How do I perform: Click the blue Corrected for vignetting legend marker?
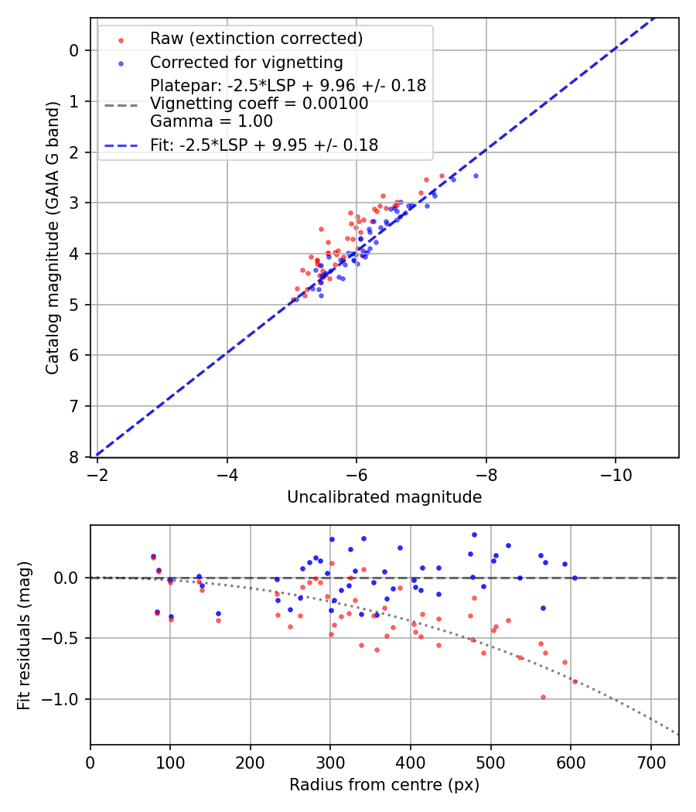119,63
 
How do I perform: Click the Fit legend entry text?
264,145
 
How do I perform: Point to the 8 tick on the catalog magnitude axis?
73,457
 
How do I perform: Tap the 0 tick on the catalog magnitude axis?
73,50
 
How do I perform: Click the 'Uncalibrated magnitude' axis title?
384,497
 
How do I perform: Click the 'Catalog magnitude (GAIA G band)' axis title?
52,254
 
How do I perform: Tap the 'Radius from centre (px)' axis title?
384,785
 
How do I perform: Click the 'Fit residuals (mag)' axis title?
24,636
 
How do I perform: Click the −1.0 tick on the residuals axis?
66,699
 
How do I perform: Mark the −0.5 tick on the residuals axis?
66,638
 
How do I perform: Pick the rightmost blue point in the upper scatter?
476,176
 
